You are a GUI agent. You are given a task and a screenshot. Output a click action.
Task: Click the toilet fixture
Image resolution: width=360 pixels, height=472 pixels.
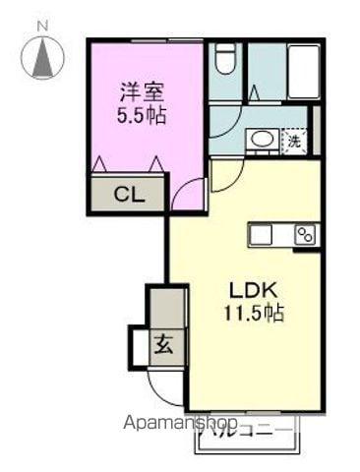[224, 62]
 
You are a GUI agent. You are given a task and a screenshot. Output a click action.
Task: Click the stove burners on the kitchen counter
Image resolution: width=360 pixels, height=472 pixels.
[304, 234]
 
